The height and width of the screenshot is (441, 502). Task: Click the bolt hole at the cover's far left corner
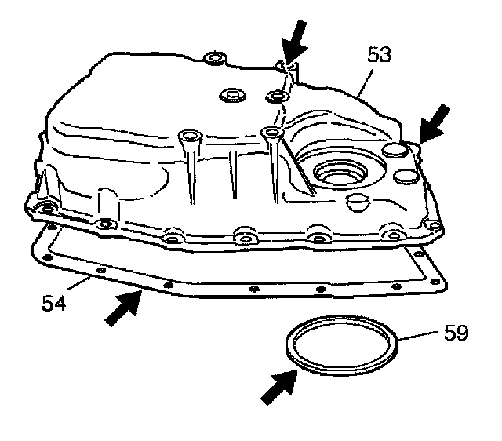[x=45, y=207]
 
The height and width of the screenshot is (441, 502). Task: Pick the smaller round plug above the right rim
[x=408, y=175]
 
